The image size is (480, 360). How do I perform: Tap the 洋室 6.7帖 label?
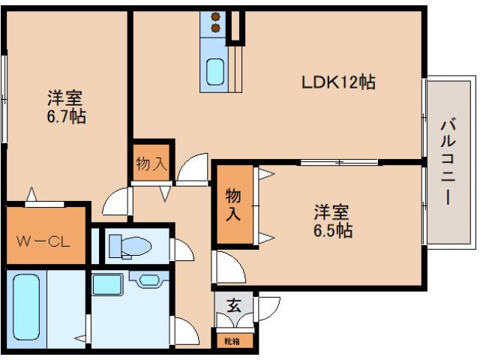66,106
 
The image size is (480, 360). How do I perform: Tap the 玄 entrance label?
233,305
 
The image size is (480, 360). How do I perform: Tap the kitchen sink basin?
215,71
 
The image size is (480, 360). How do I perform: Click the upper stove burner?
215,16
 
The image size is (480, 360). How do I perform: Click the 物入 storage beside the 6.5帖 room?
234,203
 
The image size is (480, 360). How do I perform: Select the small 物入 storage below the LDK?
152,163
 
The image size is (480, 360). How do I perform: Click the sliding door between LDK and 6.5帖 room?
339,162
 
